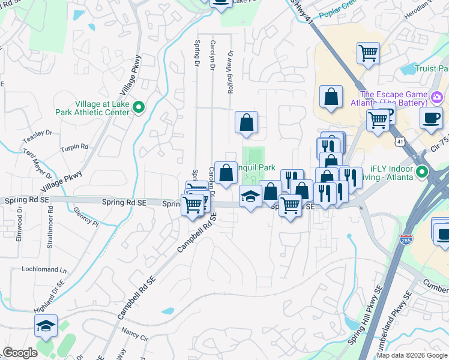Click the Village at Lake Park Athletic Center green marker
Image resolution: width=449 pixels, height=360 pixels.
(139, 107)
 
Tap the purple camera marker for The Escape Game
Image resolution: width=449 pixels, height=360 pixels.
(436, 96)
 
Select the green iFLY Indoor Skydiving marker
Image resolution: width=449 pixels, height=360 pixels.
(422, 173)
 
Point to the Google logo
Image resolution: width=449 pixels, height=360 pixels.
(20, 353)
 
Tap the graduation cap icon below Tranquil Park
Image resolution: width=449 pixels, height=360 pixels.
(250, 196)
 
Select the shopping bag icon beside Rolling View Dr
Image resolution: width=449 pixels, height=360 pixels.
(246, 123)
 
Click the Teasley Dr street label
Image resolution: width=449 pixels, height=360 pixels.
(35, 133)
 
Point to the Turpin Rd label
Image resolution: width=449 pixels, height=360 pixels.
(75, 146)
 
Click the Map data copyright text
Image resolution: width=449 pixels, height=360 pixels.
(412, 355)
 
